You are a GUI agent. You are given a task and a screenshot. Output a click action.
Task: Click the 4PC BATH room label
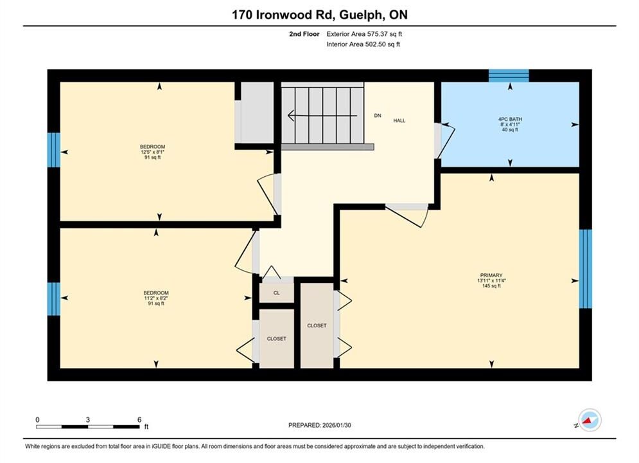510,124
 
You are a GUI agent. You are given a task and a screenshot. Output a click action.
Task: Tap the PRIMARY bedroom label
491,280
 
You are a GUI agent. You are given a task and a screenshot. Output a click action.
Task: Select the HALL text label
399,121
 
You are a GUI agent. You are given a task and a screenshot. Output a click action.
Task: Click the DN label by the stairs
378,116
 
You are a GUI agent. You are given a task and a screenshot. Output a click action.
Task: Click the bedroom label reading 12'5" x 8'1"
152,152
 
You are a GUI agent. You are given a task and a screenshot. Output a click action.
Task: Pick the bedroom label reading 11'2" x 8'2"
155,298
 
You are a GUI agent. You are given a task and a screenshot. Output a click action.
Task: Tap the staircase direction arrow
322,116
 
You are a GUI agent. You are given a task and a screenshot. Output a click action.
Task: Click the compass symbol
590,420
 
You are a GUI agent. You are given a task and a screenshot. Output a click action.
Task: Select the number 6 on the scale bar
139,419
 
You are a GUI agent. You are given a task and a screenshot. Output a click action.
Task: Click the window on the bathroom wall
509,76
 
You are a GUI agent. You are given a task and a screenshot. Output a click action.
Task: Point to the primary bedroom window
586,269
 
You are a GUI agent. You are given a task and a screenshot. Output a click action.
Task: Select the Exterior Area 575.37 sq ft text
364,34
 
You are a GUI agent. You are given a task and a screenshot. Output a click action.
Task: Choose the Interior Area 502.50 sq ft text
363,44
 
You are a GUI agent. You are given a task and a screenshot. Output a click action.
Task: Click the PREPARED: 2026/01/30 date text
320,425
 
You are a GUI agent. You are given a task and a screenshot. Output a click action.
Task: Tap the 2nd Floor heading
304,34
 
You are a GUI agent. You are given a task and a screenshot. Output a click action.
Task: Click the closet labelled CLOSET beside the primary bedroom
317,325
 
